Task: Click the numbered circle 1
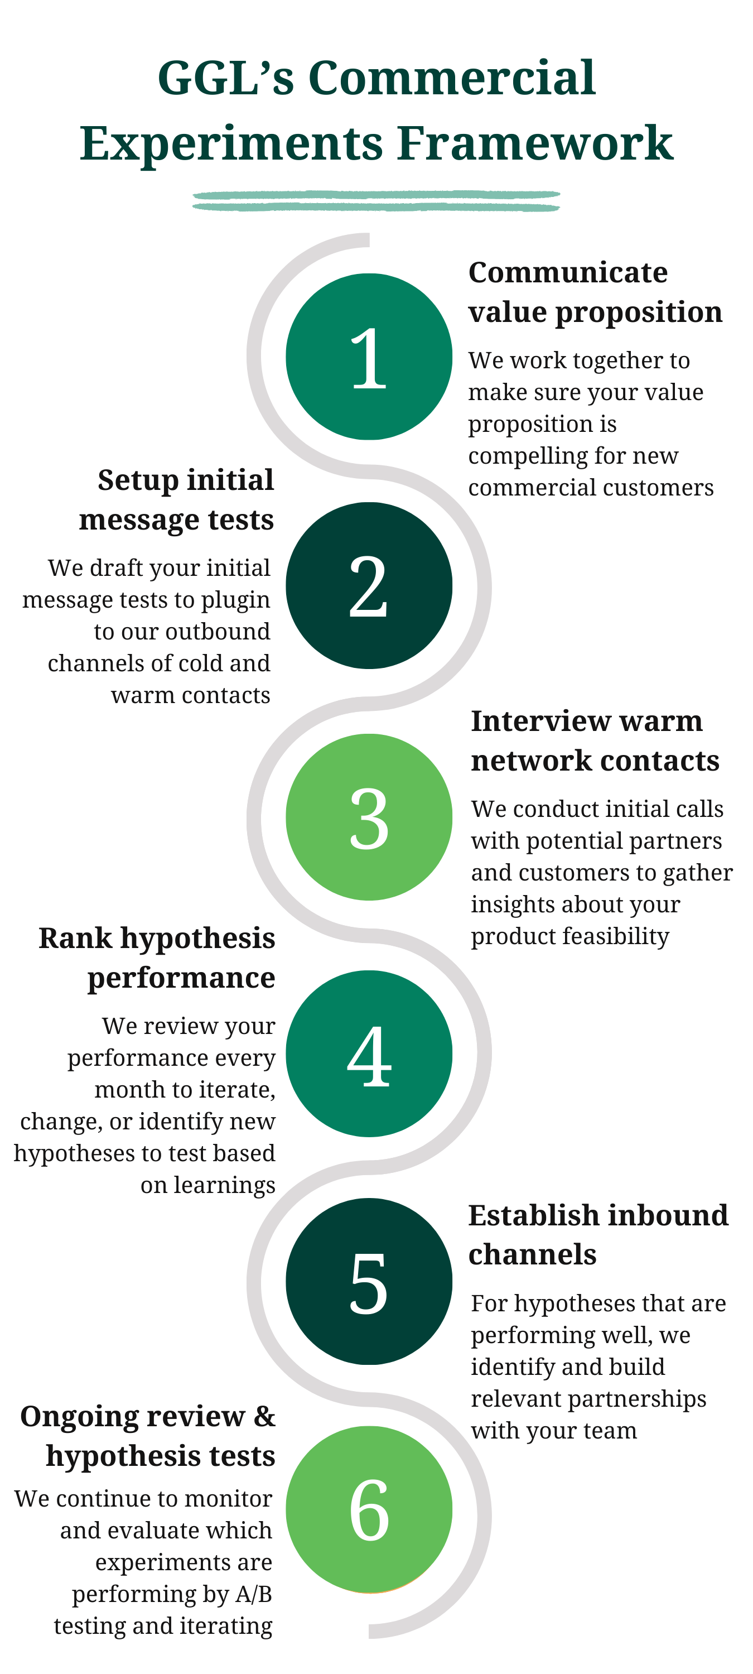click(369, 357)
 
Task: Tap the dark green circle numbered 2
click(369, 585)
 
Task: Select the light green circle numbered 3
click(369, 817)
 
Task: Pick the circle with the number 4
click(369, 1054)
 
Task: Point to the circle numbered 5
click(369, 1282)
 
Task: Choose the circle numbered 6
click(369, 1509)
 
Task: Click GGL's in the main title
click(225, 78)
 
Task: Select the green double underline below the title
click(376, 201)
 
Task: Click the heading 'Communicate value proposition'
click(595, 292)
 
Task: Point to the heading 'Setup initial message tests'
click(177, 500)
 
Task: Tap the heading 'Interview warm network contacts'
click(595, 741)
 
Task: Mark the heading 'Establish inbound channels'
click(598, 1235)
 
